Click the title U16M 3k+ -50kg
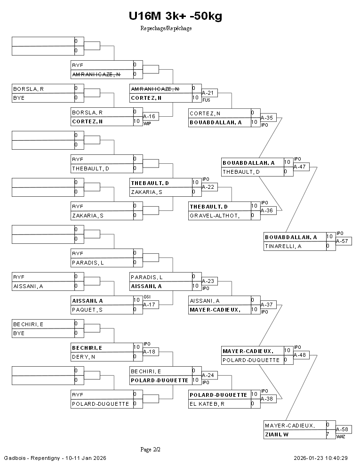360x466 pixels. [x=175, y=16]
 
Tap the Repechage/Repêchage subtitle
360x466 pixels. [x=166, y=28]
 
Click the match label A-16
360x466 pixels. [x=149, y=116]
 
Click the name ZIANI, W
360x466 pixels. [x=277, y=434]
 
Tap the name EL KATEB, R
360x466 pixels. [x=207, y=403]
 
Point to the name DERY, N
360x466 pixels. [x=84, y=357]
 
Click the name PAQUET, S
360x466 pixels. [x=87, y=310]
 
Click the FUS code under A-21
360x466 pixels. [x=206, y=100]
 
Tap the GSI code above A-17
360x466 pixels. [x=147, y=297]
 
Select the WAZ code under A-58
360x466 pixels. [x=341, y=437]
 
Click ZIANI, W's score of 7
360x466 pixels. [x=328, y=434]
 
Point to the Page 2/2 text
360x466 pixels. [x=151, y=450]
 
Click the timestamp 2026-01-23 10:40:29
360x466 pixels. [x=320, y=458]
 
